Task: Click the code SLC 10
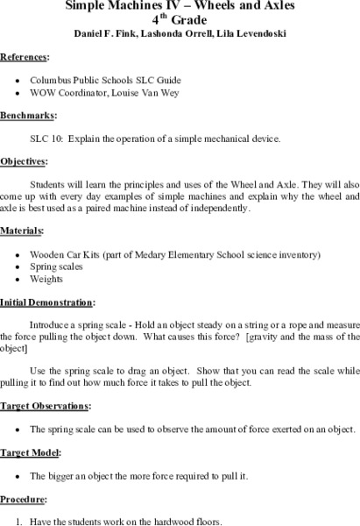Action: click(x=46, y=139)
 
